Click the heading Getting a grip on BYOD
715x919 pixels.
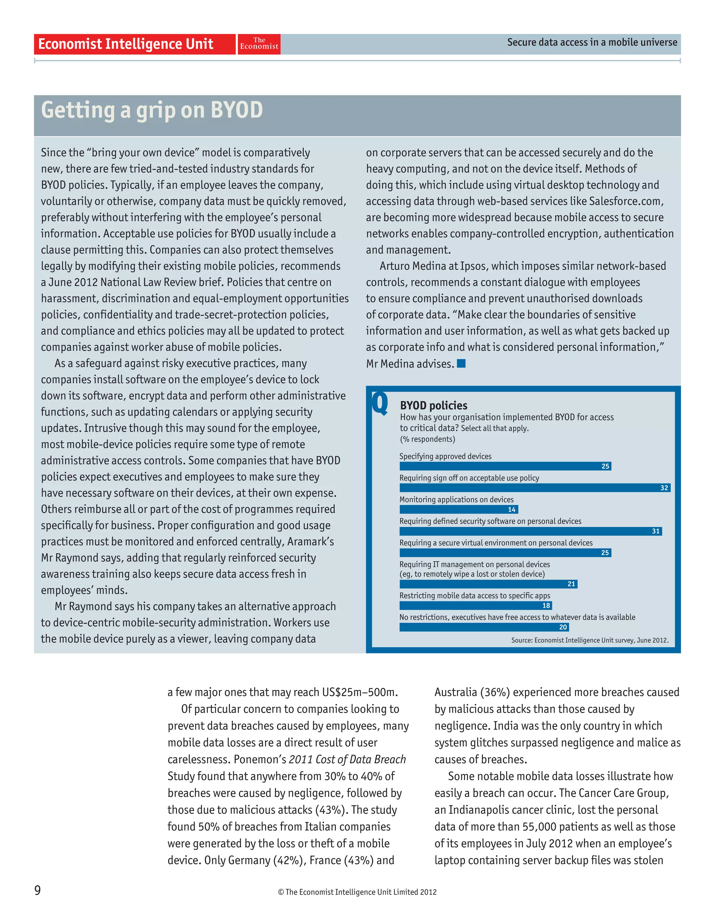(152, 111)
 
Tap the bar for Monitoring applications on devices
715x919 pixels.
(458, 510)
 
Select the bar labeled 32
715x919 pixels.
(535, 488)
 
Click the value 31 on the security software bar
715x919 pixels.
(656, 531)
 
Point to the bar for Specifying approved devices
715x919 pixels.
(504, 466)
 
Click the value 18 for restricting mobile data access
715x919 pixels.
(546, 606)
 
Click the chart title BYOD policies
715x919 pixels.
(434, 405)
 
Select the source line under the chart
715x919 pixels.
(589, 640)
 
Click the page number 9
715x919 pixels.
(37, 890)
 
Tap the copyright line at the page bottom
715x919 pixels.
(357, 892)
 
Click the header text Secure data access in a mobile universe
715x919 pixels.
(592, 43)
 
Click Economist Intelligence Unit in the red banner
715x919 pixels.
(125, 44)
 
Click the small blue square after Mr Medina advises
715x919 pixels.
(461, 363)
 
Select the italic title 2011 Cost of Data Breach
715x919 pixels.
(347, 759)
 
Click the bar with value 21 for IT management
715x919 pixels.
(488, 584)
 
